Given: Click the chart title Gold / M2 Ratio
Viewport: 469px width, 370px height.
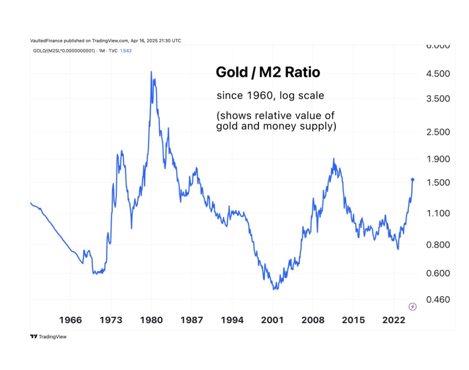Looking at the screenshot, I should (268, 73).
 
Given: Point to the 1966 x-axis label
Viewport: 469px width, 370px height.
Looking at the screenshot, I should (70, 320).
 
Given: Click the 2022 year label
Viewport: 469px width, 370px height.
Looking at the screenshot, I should (393, 320).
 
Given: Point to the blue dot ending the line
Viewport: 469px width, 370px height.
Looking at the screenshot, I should (413, 180).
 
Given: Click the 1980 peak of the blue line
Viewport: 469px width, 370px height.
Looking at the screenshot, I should (151, 72).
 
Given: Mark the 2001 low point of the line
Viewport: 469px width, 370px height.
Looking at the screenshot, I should (274, 289).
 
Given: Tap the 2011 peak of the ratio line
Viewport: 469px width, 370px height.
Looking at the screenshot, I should (334, 159).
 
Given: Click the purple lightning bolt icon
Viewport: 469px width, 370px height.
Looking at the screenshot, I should (413, 307).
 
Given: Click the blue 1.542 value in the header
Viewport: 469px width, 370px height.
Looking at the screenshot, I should (126, 51).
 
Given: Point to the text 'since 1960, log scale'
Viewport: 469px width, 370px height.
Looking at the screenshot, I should (270, 95).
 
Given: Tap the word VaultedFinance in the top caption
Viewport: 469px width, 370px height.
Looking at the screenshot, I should (46, 41).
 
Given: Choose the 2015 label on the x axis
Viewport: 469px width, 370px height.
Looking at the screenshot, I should (353, 320).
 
